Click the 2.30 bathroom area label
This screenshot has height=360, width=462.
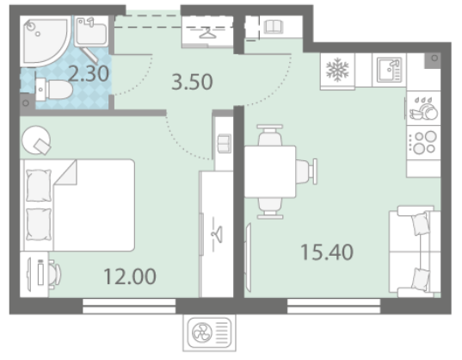click(89, 74)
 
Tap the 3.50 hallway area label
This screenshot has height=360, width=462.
click(192, 82)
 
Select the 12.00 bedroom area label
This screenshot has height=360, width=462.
click(130, 276)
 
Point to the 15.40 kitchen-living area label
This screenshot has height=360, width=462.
click(327, 252)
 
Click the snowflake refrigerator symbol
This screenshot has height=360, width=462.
click(337, 70)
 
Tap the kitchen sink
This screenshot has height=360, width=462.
click(389, 70)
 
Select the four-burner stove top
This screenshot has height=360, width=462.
click(423, 142)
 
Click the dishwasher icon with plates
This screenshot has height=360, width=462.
click(423, 109)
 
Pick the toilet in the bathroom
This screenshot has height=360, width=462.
click(53, 90)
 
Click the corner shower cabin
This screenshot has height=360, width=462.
click(44, 40)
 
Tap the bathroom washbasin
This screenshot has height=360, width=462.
click(91, 31)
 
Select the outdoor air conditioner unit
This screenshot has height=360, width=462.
click(209, 332)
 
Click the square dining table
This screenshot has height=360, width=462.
click(270, 171)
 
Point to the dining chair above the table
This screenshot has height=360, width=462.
click(270, 135)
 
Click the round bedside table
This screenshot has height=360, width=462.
click(36, 140)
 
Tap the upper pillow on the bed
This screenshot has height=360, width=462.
click(39, 185)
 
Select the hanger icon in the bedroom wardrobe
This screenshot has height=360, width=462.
click(218, 234)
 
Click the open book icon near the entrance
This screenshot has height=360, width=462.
click(274, 27)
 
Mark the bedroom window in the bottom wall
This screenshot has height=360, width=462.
click(129, 306)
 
